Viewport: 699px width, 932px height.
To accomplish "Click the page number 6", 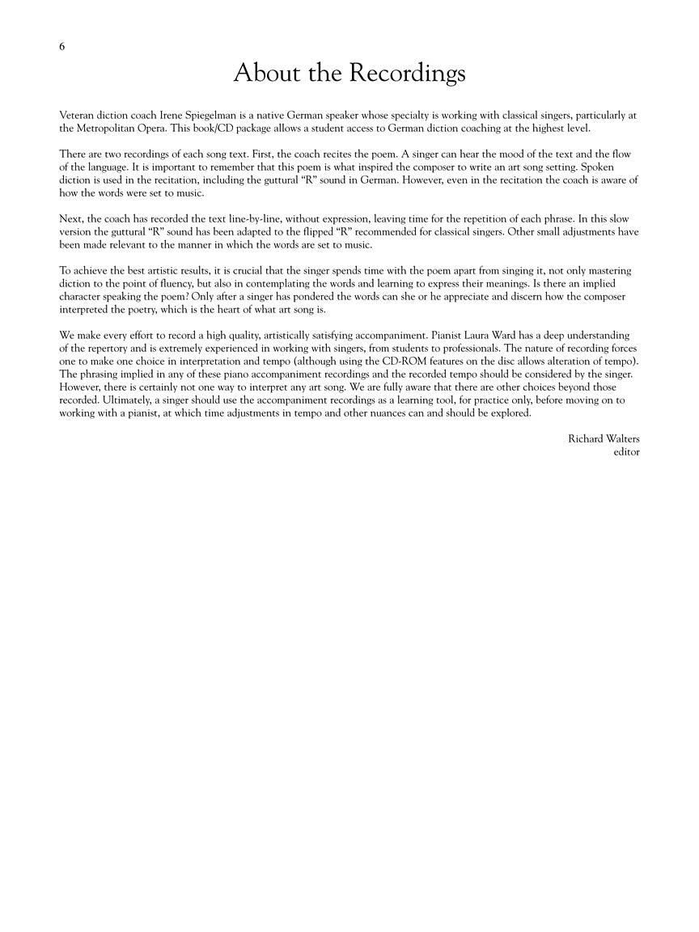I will tap(62, 46).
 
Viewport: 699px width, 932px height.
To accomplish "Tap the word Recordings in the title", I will tap(408, 74).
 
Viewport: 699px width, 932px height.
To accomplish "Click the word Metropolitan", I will tap(110, 128).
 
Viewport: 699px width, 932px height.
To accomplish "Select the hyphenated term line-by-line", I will tap(221, 218).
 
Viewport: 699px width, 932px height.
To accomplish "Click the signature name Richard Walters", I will tap(604, 438).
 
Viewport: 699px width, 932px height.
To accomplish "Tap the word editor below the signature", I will tap(626, 451).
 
